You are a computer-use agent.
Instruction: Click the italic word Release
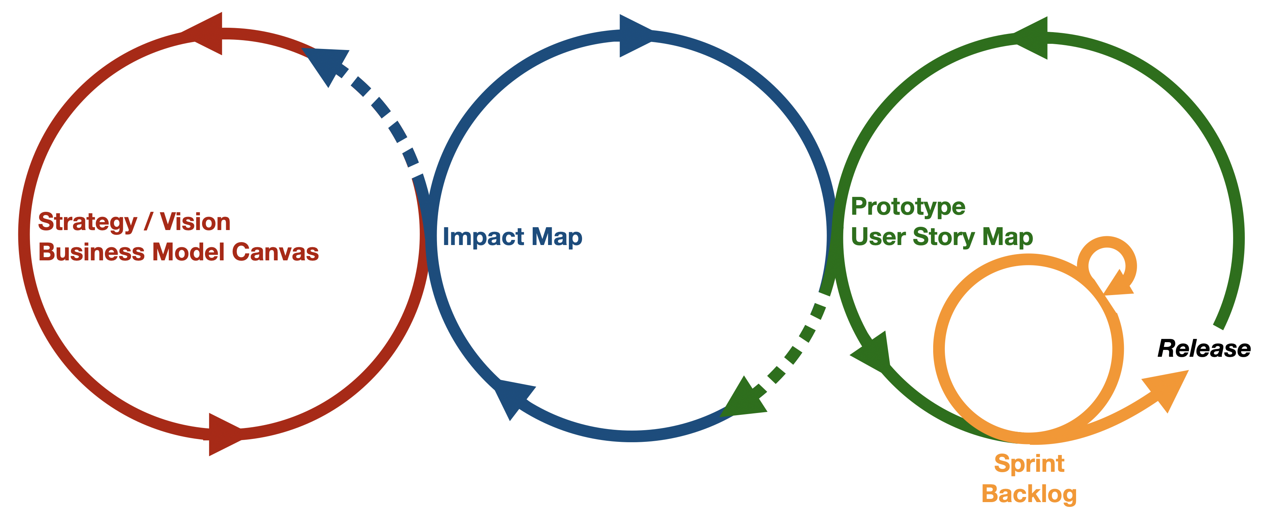coord(1204,349)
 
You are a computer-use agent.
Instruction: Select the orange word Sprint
coord(1029,464)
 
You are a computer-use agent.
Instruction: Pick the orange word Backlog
coord(1029,494)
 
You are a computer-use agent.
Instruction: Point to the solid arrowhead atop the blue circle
coord(636,36)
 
